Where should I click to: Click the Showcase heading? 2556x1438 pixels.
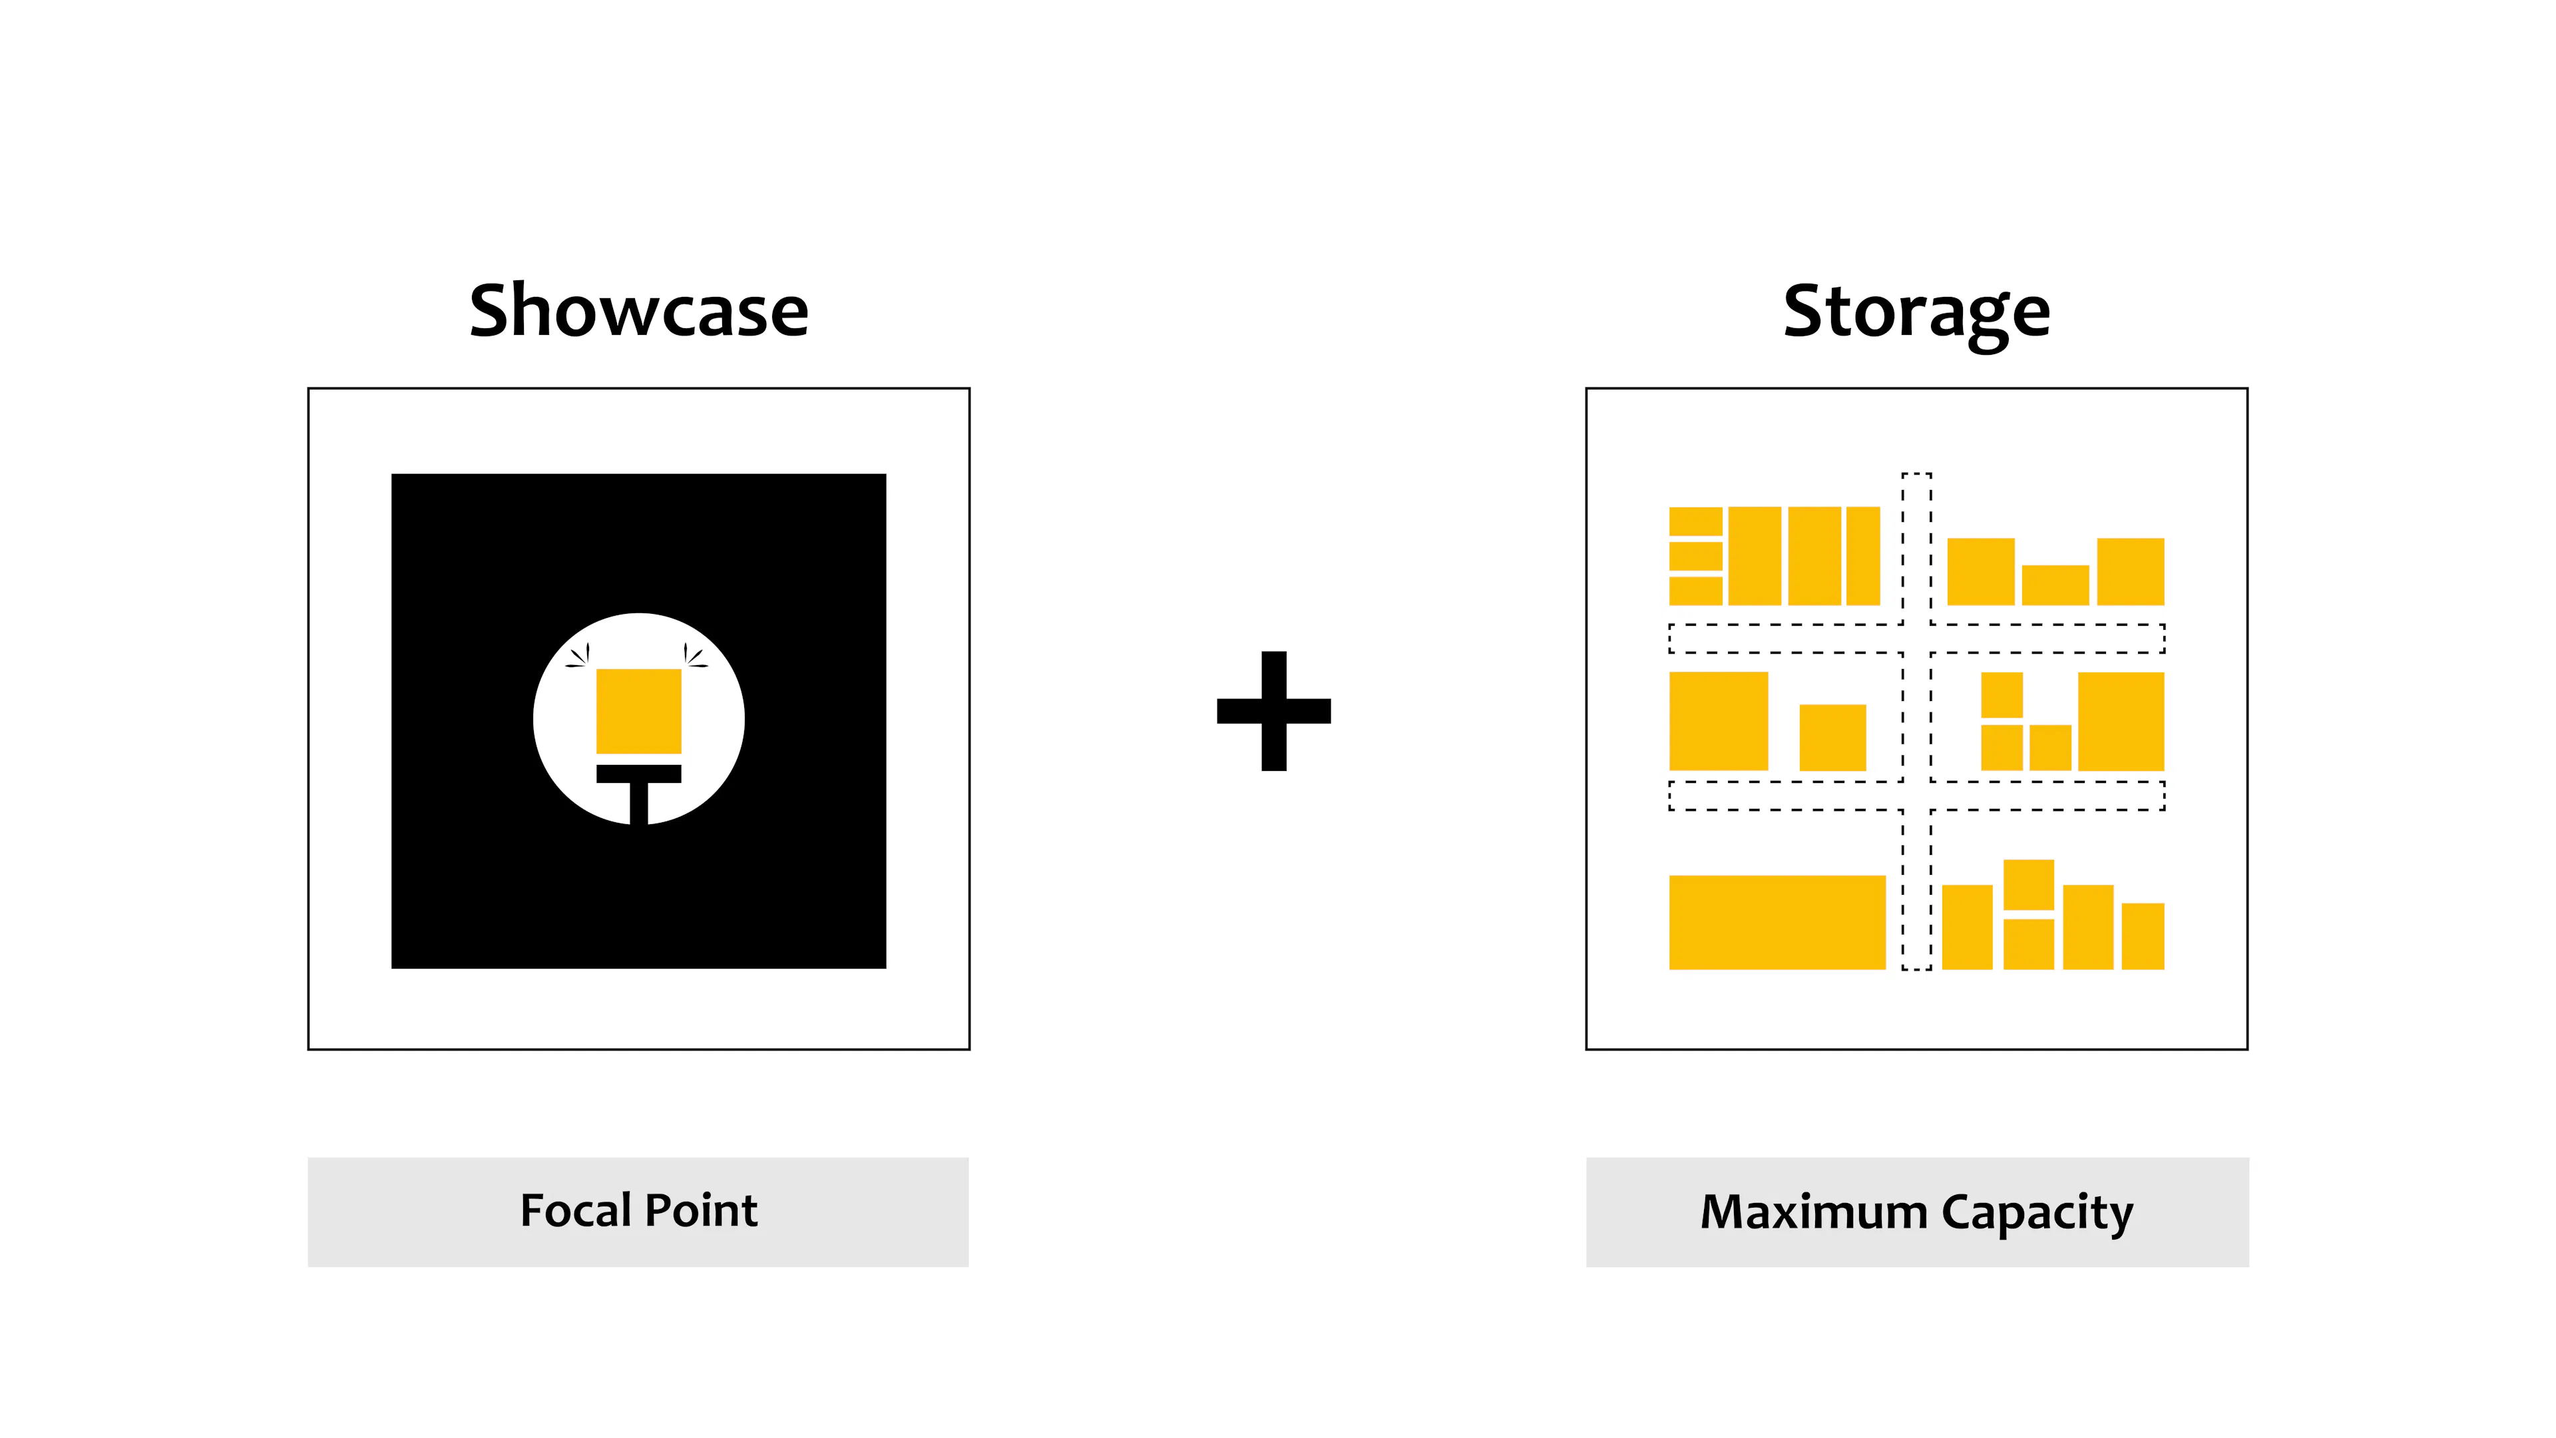639,311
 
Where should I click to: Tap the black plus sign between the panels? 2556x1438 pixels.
1274,710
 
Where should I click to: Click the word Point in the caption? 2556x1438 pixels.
702,1211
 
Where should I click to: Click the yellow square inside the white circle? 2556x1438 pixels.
638,712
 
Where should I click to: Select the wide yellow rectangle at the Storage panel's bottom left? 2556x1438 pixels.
1777,922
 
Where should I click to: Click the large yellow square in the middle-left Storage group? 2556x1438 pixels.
1719,722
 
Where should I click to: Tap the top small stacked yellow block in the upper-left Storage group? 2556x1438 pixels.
1696,522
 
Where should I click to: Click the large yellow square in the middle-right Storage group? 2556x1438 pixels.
2121,722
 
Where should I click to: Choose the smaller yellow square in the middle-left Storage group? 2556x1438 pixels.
1832,738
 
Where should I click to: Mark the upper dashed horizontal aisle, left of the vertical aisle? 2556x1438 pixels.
1785,638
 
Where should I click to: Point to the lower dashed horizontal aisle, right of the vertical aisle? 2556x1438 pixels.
2048,796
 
